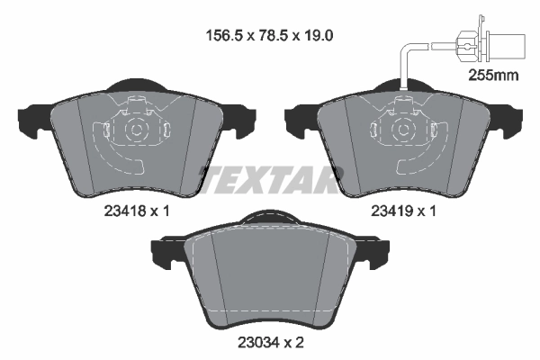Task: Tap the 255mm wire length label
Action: pos(494,76)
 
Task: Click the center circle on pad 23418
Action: pos(135,129)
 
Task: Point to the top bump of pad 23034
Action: pos(266,218)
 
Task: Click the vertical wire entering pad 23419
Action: pos(402,67)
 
